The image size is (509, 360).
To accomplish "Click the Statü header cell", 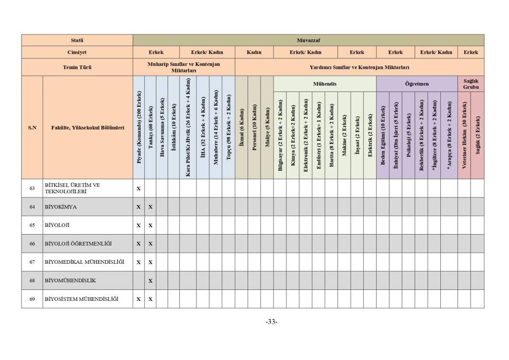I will [77, 41].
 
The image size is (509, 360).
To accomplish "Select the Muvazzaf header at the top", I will [308, 41].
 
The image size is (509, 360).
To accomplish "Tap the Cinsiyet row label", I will [77, 52].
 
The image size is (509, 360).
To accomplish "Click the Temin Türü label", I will [77, 67].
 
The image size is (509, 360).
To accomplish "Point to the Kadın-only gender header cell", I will [254, 52].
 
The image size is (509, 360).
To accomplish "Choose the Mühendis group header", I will [325, 84].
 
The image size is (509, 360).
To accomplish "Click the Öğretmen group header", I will [417, 84].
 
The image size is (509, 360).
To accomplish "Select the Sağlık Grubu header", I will [470, 84].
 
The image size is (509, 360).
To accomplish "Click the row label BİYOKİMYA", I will [61, 207].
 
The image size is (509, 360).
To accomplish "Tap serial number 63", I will [32, 188].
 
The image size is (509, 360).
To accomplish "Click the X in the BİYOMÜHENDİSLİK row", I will [150, 281].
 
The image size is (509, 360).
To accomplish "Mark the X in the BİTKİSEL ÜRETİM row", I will [139, 189].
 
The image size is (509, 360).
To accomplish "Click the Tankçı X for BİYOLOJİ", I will [150, 226].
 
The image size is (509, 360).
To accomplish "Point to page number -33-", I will [272, 322].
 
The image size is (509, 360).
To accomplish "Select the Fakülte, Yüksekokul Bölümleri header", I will [88, 128].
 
